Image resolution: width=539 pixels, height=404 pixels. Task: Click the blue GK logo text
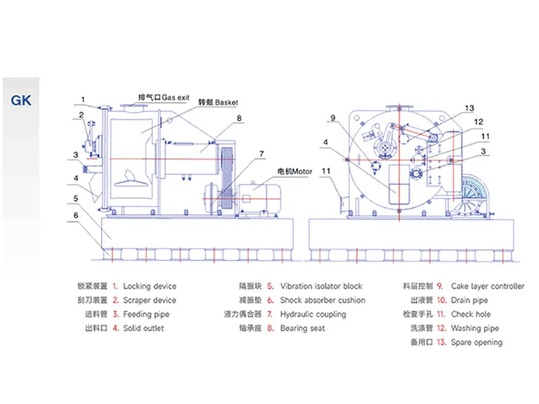pos(21,100)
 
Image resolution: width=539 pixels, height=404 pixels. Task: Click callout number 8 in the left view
pos(239,119)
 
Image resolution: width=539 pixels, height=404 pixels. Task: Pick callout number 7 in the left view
pos(261,154)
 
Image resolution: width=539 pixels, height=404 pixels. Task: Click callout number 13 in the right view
pos(470,108)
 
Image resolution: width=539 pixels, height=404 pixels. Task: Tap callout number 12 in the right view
pos(478,122)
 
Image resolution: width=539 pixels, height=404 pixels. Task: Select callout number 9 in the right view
pos(333,118)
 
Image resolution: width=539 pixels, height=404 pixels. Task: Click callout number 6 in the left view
pos(76,215)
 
